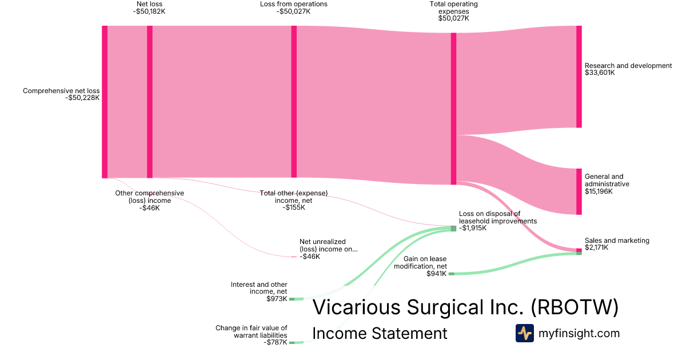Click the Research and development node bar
[579, 77]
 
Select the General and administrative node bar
[579, 191]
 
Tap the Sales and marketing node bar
[579, 250]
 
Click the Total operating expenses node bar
[453, 109]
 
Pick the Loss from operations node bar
[294, 102]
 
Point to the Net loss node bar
[150, 102]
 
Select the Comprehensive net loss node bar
[105, 102]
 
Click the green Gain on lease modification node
[451, 274]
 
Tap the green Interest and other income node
[292, 298]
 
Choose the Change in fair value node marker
[292, 342]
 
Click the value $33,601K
[600, 73]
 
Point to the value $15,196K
[599, 191]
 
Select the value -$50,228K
[82, 98]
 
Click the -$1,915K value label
[473, 228]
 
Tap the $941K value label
[436, 274]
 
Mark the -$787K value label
[276, 342]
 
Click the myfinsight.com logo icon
[524, 333]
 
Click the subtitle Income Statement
[380, 333]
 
